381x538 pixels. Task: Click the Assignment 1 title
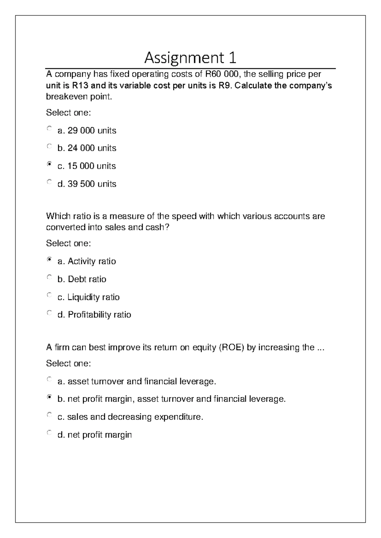coord(190,58)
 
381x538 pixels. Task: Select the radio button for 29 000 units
coord(49,128)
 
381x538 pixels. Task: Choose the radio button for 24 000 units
coord(49,146)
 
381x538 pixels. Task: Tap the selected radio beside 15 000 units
coord(49,164)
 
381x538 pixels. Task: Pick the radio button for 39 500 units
coord(49,182)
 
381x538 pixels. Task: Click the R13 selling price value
coord(80,86)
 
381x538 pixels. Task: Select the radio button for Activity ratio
coord(49,259)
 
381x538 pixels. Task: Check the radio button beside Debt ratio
coord(49,277)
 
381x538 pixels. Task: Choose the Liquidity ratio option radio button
coord(49,295)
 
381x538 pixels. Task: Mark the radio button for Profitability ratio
coord(49,312)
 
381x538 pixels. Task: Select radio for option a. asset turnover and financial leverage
coord(49,379)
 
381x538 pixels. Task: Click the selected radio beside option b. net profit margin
coord(49,397)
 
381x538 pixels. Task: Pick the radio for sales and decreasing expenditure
coord(49,415)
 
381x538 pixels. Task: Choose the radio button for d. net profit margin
coord(49,432)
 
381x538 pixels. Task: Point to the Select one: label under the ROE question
coord(69,364)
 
